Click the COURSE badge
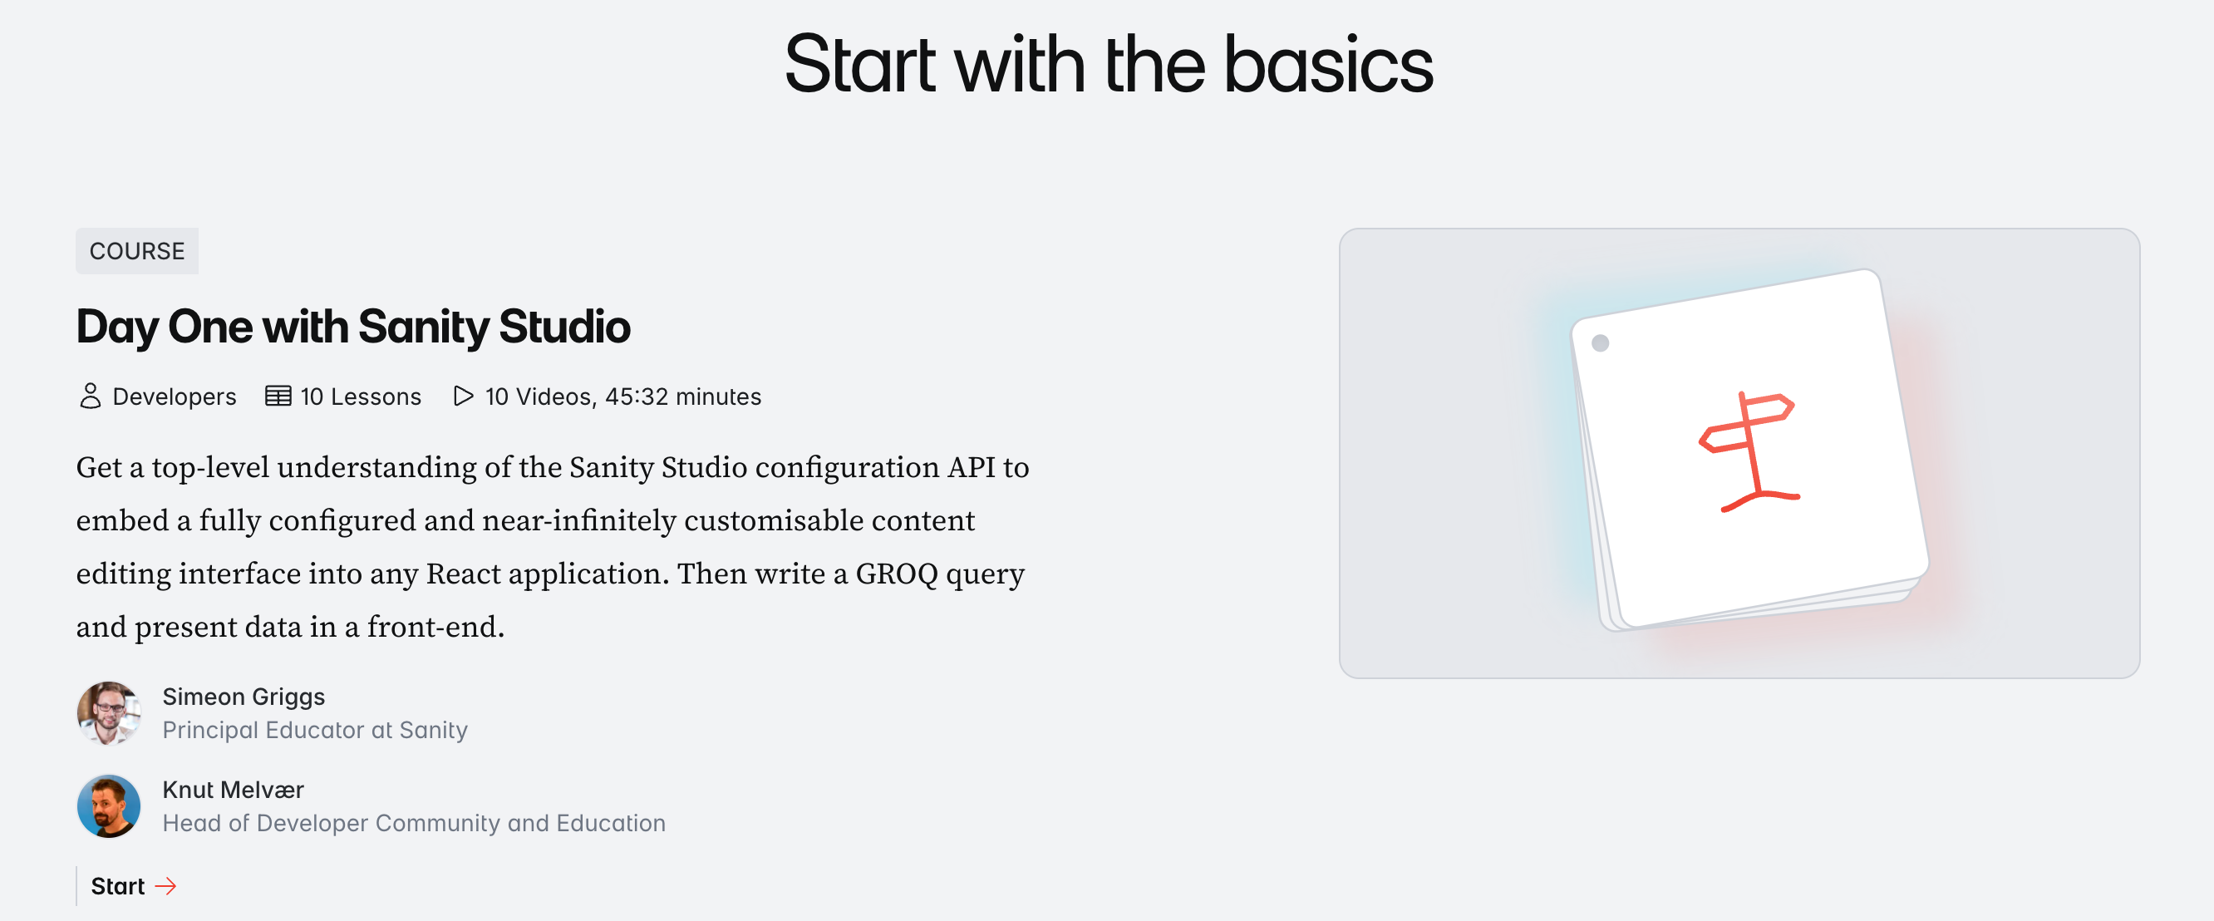[x=136, y=251]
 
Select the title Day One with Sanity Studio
[x=352, y=327]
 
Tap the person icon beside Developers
[x=91, y=396]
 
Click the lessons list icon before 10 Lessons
[x=278, y=396]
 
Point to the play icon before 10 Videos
[x=462, y=396]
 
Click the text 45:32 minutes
[x=682, y=396]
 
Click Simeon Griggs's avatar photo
[x=109, y=713]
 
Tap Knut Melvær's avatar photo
[x=109, y=805]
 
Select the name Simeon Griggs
[x=244, y=697]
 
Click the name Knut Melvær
[x=233, y=790]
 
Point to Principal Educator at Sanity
[x=315, y=730]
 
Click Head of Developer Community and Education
[x=413, y=823]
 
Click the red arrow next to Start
[x=166, y=886]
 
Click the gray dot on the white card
[x=1600, y=343]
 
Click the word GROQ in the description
[x=896, y=574]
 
